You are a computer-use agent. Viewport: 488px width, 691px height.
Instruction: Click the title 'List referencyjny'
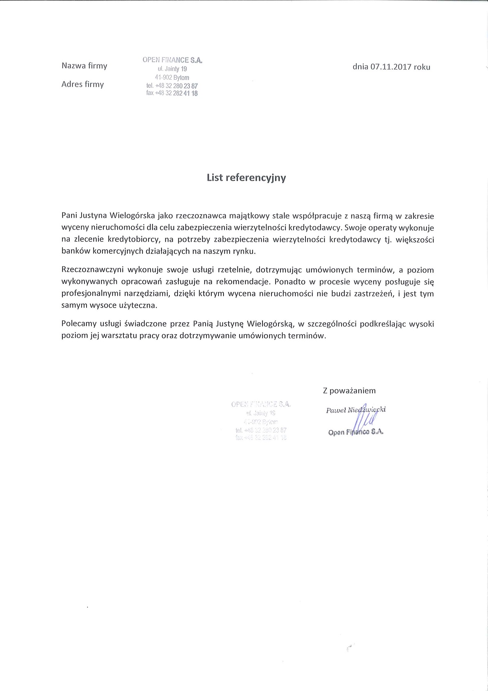pos(246,178)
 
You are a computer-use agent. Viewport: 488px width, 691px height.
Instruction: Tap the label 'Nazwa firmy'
pos(84,66)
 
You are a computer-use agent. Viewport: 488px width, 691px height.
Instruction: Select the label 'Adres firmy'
pos(82,84)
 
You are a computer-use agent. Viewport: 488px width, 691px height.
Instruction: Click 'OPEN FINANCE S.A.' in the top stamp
pos(173,60)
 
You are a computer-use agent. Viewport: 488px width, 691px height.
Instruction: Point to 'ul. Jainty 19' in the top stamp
pos(172,69)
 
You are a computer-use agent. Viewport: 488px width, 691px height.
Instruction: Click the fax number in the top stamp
pos(172,93)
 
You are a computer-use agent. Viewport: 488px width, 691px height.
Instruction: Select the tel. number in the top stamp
pos(172,86)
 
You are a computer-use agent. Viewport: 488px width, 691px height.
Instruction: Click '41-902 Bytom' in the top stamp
pos(172,78)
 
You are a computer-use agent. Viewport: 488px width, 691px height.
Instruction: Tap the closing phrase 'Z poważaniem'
pos(349,391)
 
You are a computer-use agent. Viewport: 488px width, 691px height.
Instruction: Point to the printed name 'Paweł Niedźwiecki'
pos(356,410)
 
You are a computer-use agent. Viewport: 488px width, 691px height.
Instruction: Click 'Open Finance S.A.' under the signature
pos(356,432)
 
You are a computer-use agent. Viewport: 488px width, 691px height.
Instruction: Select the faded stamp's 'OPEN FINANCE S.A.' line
pos(261,404)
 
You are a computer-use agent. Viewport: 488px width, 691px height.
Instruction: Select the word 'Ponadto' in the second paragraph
pos(290,282)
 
